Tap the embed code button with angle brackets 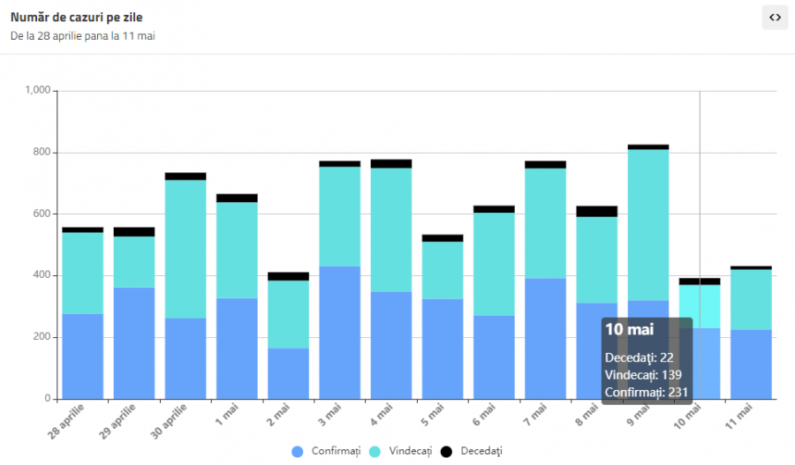point(775,17)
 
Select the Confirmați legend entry point(327,451)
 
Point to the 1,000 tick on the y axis point(39,91)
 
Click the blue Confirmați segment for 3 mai point(339,332)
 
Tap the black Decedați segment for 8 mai point(596,211)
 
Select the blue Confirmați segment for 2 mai point(288,373)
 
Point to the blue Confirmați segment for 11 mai point(750,364)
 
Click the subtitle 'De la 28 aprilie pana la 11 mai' point(83,36)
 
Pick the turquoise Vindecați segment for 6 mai point(494,264)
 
